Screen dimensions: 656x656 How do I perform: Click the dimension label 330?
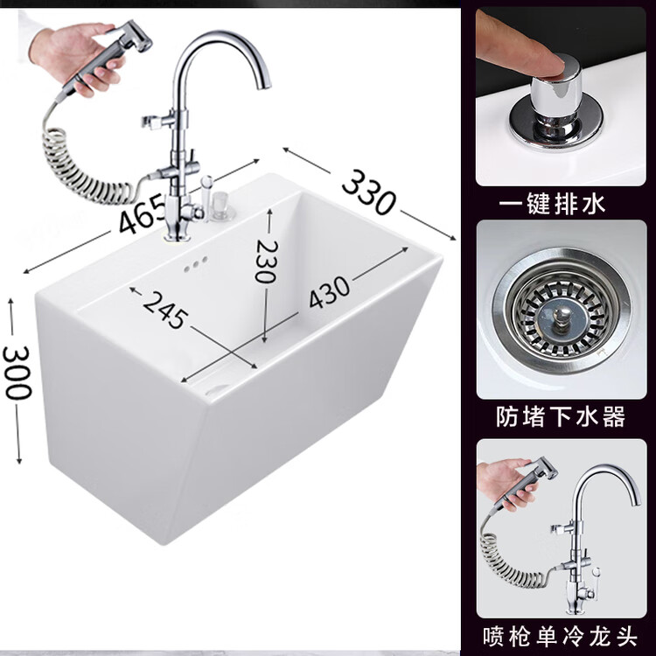[368, 192]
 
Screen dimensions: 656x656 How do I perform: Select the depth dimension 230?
[266, 261]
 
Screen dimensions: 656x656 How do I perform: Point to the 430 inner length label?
[329, 291]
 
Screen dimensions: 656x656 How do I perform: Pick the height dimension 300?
[17, 373]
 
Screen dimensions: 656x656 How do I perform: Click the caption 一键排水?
[552, 205]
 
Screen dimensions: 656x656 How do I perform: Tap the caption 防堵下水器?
[561, 416]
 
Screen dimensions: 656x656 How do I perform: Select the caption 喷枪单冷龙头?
[560, 636]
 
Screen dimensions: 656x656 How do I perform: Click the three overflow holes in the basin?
[196, 263]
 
